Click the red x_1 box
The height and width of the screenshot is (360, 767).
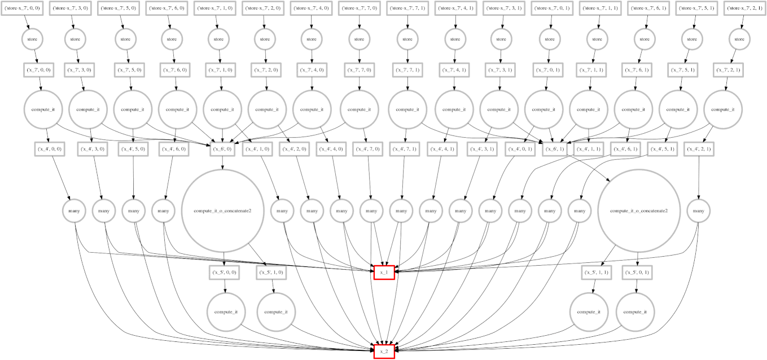(384, 272)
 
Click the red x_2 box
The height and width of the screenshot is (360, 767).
(384, 351)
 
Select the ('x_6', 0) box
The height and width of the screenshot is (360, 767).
(224, 150)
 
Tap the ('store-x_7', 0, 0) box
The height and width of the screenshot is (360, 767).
(26, 9)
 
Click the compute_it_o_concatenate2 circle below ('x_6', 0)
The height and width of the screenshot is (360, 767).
(224, 210)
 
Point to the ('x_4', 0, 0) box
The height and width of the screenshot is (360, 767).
(50, 150)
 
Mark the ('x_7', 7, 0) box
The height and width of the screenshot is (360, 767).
(361, 70)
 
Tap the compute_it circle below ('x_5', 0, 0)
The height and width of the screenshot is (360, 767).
(226, 311)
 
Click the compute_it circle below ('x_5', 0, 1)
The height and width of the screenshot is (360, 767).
(635, 311)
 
